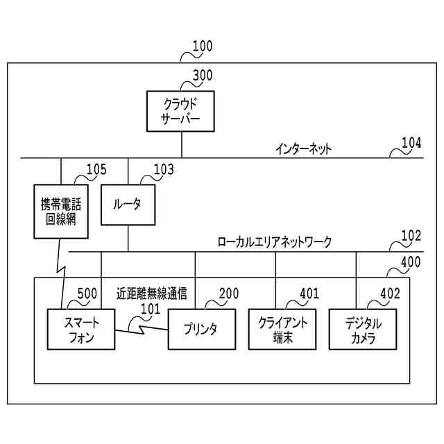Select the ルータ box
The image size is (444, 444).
pyautogui.click(x=128, y=204)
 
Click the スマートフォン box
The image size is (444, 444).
pyautogui.click(x=80, y=329)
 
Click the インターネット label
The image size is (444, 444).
pyautogui.click(x=304, y=148)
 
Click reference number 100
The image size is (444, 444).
pyautogui.click(x=203, y=47)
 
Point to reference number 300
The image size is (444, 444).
pyautogui.click(x=203, y=76)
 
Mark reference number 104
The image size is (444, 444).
pyautogui.click(x=411, y=143)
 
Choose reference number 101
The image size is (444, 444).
pyautogui.click(x=150, y=309)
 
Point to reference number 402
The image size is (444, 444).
pyautogui.click(x=390, y=293)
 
